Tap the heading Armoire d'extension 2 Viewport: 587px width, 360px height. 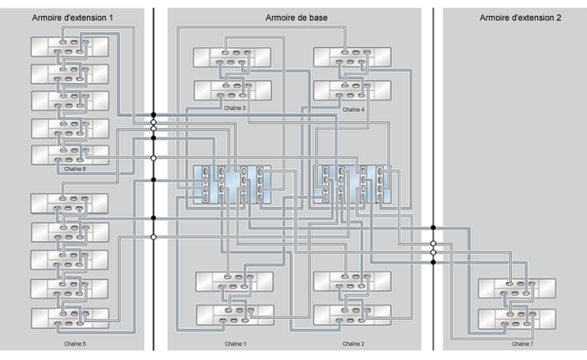(520, 17)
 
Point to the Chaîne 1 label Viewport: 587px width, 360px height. (234, 344)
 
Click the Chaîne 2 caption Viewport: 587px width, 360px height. (354, 344)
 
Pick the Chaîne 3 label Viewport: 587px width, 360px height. (234, 108)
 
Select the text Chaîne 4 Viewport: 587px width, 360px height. (353, 109)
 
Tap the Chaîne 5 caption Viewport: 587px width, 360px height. (74, 344)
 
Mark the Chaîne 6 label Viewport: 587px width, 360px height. (74, 169)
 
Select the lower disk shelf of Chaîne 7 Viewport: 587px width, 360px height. (517, 320)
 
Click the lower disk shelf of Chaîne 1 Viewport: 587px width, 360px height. (234, 314)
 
